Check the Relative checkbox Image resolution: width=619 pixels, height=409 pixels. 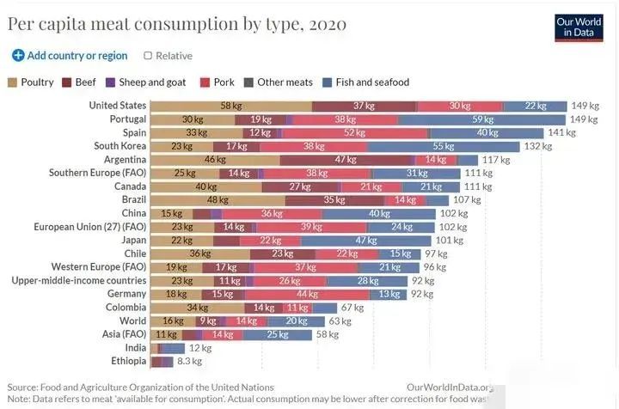click(148, 56)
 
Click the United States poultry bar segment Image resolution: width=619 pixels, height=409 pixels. click(230, 106)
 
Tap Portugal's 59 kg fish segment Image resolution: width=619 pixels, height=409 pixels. click(483, 119)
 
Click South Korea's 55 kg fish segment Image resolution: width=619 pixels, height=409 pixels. click(443, 146)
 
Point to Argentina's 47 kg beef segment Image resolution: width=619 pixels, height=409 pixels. click(346, 160)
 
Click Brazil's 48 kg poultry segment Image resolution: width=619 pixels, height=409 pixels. click(218, 200)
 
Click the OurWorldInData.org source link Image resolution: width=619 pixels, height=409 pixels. click(450, 388)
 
